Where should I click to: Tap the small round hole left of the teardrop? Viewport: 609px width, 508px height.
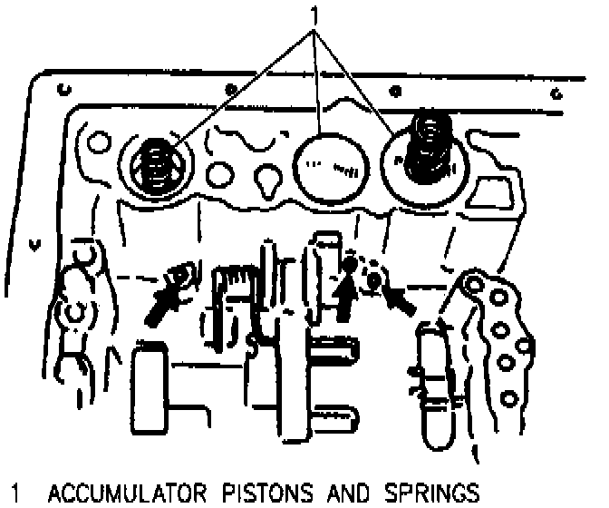(219, 170)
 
